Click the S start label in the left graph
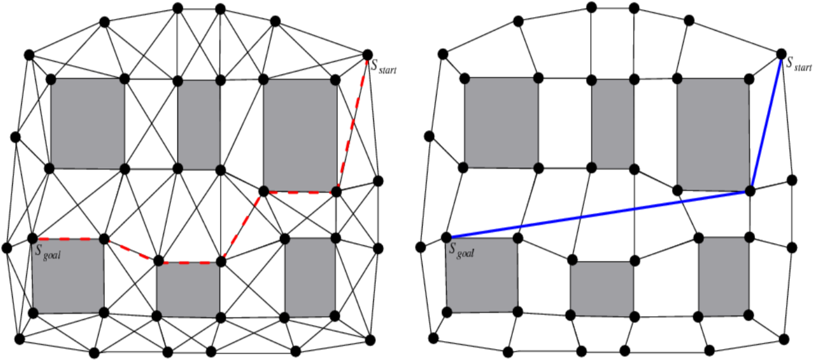tap(384, 67)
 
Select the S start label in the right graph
tap(798, 62)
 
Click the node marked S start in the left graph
tap(367, 54)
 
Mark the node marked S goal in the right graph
tap(446, 237)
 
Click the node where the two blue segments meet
tap(750, 191)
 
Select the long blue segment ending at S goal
tap(598, 214)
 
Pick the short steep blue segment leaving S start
tap(766, 122)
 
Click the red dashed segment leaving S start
tap(352, 122)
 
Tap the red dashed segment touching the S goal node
tap(68, 238)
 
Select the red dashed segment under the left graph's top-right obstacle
tap(299, 192)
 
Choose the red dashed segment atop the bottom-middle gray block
tap(190, 262)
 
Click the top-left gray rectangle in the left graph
tap(87, 123)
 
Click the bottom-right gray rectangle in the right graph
tap(723, 276)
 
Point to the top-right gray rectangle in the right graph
tap(712, 134)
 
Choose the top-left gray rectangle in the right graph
tap(501, 122)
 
